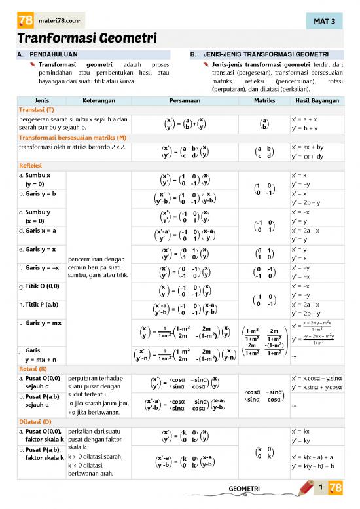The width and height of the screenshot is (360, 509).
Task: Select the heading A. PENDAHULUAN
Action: tap(48, 54)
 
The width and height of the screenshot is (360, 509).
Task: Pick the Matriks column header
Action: tap(264, 102)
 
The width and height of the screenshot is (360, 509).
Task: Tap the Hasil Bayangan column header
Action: tap(315, 102)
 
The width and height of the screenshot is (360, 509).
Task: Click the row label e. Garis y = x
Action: tap(37, 249)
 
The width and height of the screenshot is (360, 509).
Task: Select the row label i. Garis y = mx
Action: tap(40, 323)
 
